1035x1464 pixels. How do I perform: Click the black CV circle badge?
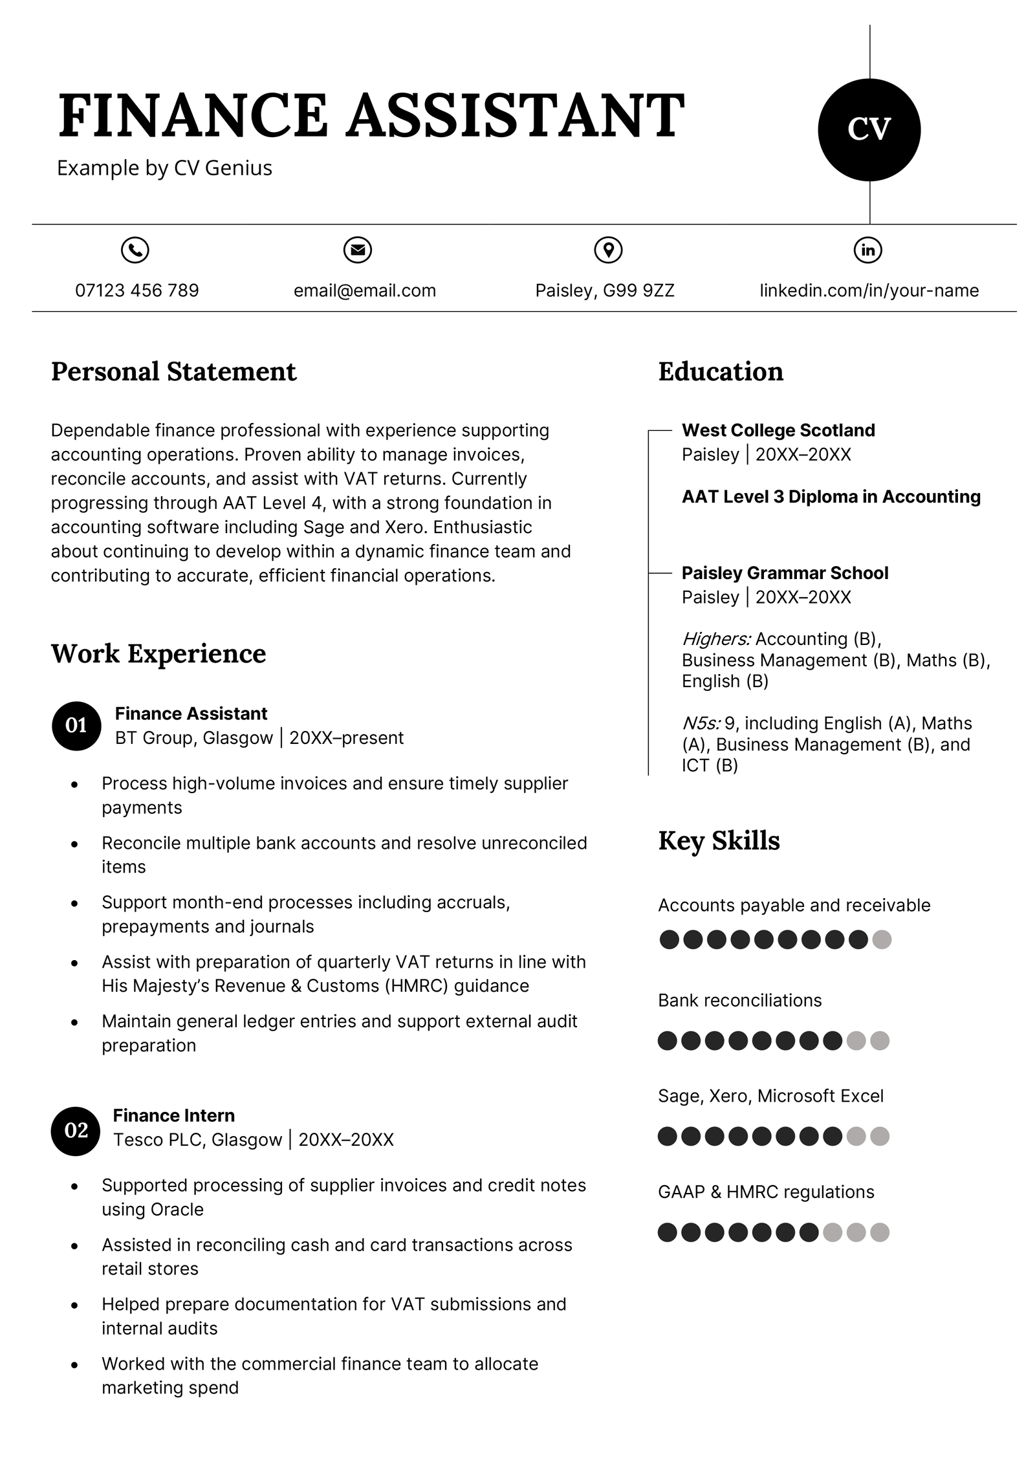pos(869,130)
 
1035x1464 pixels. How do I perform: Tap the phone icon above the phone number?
pos(135,250)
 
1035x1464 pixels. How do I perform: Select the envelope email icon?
pos(358,250)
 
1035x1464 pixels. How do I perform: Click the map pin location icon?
pos(608,250)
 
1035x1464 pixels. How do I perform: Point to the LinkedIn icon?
pos(868,250)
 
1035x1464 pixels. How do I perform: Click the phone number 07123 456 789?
pos(137,290)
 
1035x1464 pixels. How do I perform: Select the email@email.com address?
pos(365,290)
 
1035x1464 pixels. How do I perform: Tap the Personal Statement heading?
pos(173,372)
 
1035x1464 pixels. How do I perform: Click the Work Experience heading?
pos(158,653)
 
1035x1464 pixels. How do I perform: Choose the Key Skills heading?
pos(719,840)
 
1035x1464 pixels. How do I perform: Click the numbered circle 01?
pos(76,725)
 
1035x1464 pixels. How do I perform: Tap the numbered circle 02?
pos(76,1130)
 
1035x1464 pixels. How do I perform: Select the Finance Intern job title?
pos(173,1115)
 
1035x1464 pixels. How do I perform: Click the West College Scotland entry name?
pos(778,430)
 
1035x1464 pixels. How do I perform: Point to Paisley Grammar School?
pos(785,573)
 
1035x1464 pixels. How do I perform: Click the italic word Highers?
pos(716,639)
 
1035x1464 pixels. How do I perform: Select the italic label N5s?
pos(701,723)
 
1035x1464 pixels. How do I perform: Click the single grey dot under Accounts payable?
pos(882,939)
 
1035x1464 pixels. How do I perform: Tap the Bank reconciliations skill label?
pos(739,1000)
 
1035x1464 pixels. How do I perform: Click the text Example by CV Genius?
pos(164,168)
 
